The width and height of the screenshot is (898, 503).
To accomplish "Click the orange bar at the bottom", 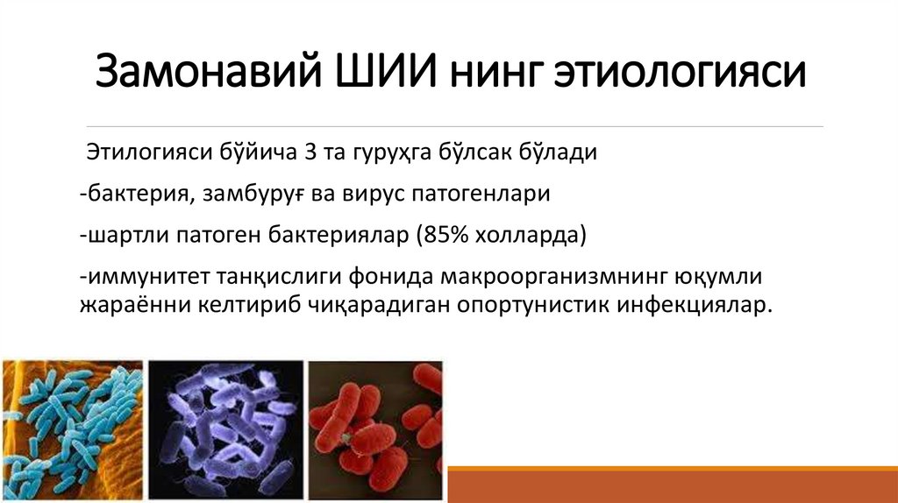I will (673, 484).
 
